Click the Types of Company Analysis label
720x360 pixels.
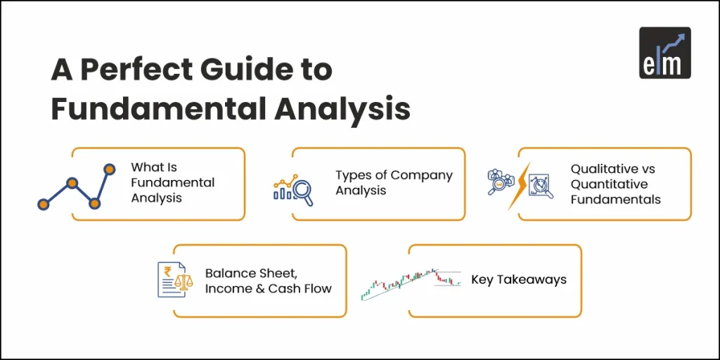click(x=394, y=183)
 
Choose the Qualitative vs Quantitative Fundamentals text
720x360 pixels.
click(x=615, y=184)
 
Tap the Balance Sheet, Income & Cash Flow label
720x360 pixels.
click(x=268, y=281)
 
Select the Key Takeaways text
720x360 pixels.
click(x=519, y=280)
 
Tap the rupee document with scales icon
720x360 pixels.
click(x=174, y=279)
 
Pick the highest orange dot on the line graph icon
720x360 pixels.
click(x=109, y=169)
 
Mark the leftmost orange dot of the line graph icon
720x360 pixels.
click(x=44, y=204)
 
